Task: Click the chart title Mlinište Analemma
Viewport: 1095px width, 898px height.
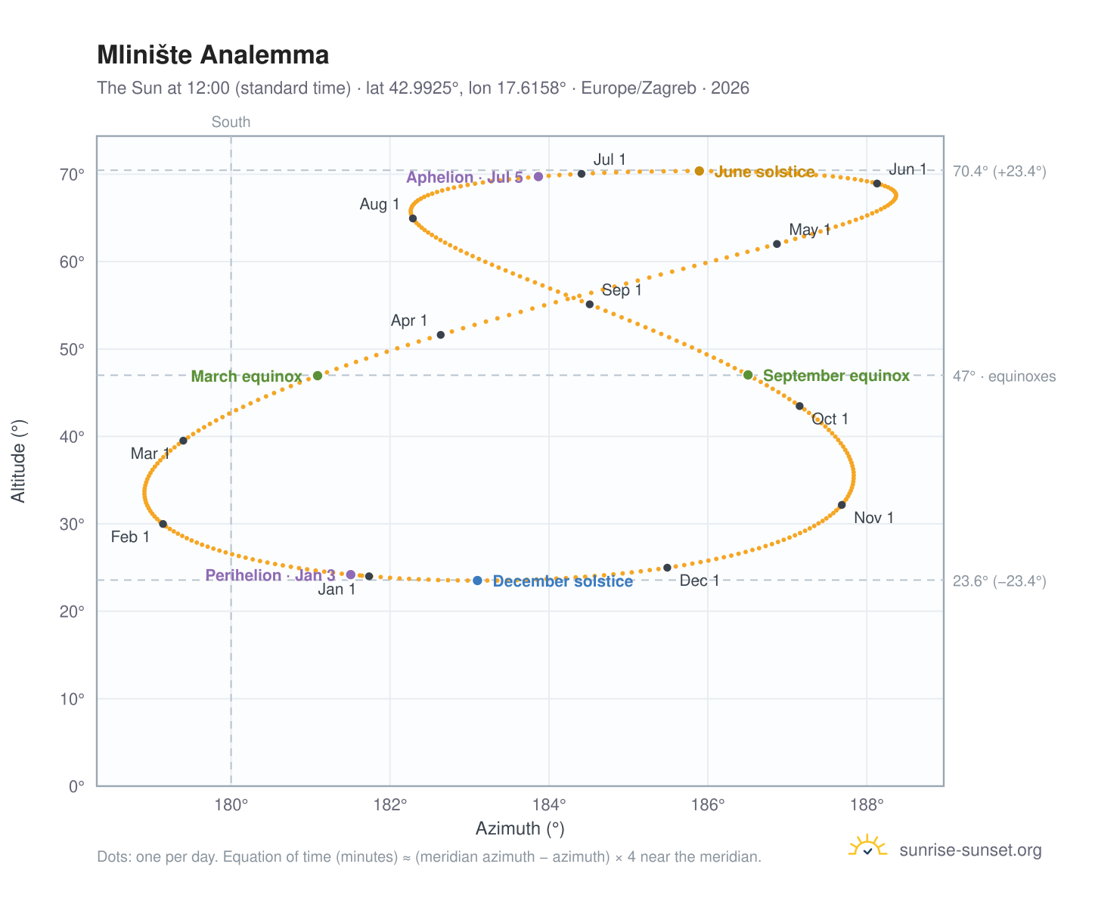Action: click(x=212, y=54)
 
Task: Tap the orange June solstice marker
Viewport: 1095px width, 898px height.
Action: click(x=699, y=171)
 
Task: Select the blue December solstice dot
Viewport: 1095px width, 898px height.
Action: click(x=477, y=581)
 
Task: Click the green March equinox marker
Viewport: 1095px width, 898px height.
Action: click(x=318, y=375)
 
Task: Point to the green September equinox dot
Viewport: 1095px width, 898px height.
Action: click(x=748, y=375)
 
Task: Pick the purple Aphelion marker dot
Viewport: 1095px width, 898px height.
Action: click(x=538, y=176)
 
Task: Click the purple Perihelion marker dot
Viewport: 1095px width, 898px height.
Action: click(x=350, y=574)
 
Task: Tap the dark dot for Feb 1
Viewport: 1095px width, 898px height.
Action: click(x=163, y=525)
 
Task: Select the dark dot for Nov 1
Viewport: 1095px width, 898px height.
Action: click(x=842, y=505)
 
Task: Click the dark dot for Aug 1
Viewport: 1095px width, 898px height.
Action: click(x=413, y=218)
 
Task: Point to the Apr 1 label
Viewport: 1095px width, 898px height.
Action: click(x=409, y=320)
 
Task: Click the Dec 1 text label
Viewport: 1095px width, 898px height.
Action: click(x=699, y=581)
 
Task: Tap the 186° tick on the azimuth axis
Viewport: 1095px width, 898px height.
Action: click(x=708, y=804)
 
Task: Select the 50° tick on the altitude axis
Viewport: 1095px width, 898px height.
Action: click(x=72, y=349)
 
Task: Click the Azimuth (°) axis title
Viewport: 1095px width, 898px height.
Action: click(x=520, y=828)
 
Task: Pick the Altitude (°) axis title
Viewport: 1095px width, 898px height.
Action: click(x=18, y=461)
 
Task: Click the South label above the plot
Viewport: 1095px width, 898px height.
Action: click(x=231, y=122)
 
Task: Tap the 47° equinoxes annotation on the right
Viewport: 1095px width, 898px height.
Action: click(x=1003, y=376)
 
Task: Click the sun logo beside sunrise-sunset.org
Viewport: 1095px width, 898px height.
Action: click(x=867, y=846)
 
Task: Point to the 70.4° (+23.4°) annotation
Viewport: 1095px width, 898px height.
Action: click(x=999, y=172)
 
